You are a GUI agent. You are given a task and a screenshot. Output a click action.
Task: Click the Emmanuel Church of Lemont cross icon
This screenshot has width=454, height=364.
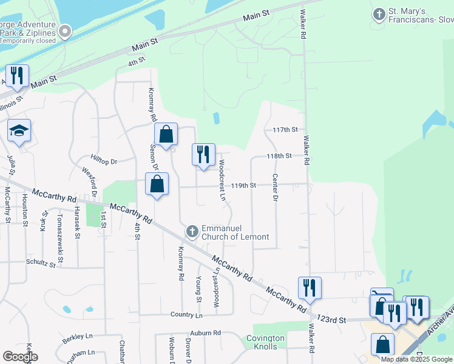tap(192, 231)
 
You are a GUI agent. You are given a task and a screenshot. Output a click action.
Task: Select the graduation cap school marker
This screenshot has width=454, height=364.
tap(19, 131)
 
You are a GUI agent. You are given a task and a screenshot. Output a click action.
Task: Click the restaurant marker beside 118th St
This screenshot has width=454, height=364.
tap(203, 154)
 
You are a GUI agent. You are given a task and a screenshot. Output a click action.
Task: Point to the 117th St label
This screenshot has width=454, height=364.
tap(285, 130)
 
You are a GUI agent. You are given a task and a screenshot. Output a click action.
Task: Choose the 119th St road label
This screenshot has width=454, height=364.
tap(244, 185)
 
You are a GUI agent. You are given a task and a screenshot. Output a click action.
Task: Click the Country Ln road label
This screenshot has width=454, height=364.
tap(186, 315)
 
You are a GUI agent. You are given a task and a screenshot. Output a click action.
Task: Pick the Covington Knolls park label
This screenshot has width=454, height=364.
tap(265, 342)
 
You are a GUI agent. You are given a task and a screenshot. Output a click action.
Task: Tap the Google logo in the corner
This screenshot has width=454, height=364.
tap(20, 357)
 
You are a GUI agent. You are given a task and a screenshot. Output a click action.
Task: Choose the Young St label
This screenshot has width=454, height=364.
tap(198, 288)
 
